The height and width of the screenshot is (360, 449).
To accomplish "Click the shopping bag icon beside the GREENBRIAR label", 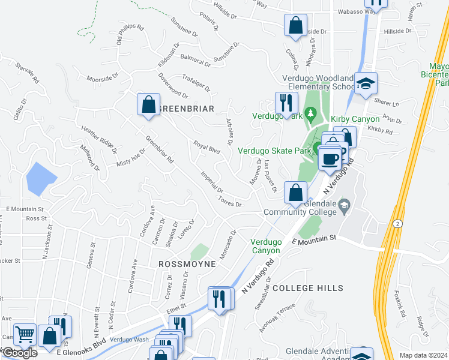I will [x=148, y=104].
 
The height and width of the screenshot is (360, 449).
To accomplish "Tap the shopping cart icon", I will [x=24, y=335].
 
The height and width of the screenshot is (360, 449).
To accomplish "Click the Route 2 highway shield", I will [x=399, y=223].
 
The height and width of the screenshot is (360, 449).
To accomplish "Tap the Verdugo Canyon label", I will [x=265, y=246].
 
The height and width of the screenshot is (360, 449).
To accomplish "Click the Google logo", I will [x=19, y=353].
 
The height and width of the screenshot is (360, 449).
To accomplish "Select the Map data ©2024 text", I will [x=423, y=355].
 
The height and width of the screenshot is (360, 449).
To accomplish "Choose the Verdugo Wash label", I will [x=129, y=340].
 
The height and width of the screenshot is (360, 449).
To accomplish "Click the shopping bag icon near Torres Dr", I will [x=295, y=193].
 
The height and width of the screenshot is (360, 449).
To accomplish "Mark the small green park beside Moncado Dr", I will [x=199, y=251].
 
